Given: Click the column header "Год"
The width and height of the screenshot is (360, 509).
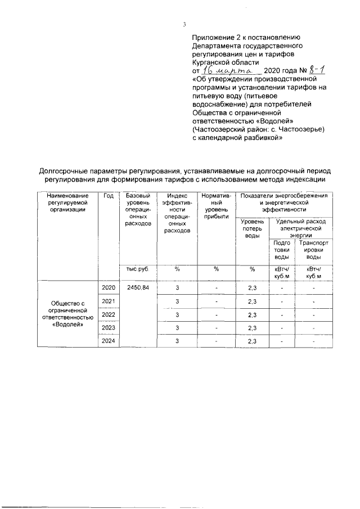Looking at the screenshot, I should tap(109, 196).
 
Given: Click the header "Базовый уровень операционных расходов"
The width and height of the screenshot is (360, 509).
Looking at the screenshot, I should tap(138, 209).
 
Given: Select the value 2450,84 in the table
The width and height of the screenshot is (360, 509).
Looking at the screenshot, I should tap(138, 287).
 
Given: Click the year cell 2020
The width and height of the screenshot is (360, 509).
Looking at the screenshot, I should tap(109, 287).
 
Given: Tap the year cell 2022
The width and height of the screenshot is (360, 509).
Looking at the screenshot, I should tap(109, 314).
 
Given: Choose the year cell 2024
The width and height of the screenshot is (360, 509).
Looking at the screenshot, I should tap(109, 341).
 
